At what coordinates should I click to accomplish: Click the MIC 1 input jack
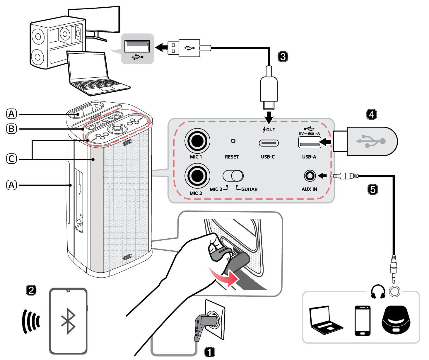[197, 141]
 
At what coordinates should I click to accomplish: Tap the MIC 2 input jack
[197, 176]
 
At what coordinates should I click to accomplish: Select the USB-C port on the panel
[268, 143]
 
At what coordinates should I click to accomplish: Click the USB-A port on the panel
[309, 144]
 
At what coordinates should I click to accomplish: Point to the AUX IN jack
[310, 176]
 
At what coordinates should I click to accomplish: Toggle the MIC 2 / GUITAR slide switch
[233, 176]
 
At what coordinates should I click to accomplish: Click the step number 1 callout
[209, 352]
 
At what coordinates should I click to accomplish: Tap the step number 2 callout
[31, 290]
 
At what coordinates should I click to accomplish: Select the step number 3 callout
[283, 56]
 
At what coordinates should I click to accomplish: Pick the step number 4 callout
[372, 114]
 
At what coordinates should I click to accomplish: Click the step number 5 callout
[372, 189]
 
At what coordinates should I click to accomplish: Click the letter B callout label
[12, 129]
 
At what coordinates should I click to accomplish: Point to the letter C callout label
[12, 159]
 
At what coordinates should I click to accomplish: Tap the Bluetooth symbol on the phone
[68, 321]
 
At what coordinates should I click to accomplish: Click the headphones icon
[378, 292]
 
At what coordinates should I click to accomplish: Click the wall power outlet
[215, 320]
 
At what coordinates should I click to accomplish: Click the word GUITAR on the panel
[249, 189]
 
